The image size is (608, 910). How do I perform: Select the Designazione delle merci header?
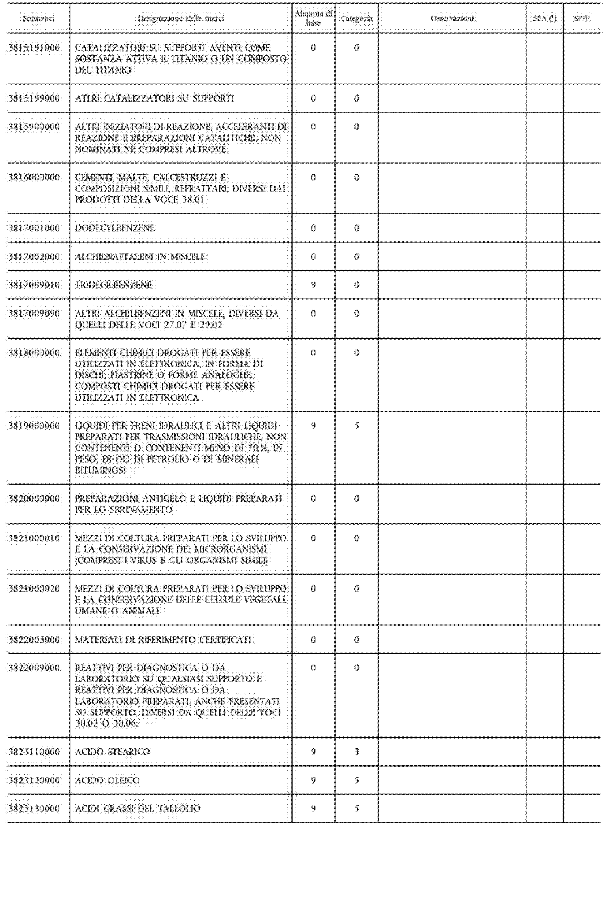181,18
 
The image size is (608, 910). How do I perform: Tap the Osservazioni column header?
452,18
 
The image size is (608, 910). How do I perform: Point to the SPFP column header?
582,18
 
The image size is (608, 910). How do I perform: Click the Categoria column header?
357,18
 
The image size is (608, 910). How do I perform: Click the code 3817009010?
35,285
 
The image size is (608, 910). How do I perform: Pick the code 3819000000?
35,426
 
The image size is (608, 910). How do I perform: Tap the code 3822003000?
35,640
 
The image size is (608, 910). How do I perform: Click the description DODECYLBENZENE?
115,228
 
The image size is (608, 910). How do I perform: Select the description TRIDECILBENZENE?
113,285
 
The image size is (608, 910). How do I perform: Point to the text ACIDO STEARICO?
113,752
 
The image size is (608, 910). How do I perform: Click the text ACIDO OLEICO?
108,780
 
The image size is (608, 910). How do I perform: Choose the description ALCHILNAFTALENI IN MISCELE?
140,256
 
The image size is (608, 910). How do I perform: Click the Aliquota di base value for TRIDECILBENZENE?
313,285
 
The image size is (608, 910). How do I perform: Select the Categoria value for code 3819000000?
357,426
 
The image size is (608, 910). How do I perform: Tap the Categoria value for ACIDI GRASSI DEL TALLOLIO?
357,809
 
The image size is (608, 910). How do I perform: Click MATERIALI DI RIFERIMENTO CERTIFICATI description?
163,640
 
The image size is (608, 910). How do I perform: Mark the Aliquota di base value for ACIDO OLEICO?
313,780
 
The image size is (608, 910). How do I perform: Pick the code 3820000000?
35,499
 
